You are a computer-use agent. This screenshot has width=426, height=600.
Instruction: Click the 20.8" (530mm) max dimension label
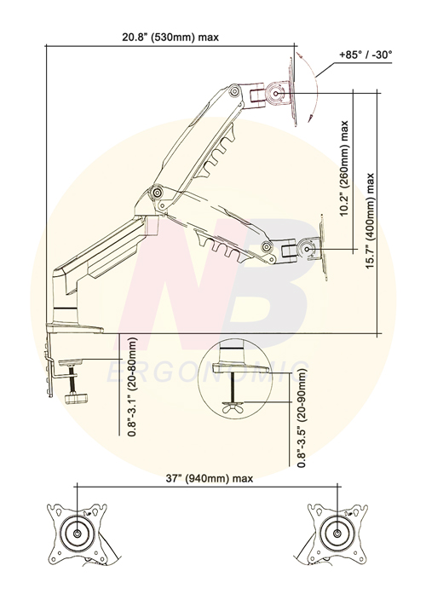pyautogui.click(x=170, y=37)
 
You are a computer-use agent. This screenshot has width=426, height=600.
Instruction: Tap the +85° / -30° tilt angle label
pyautogui.click(x=366, y=55)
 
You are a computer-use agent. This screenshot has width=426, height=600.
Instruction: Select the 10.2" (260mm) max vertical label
pyautogui.click(x=344, y=169)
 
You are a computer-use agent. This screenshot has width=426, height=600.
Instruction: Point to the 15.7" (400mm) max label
pyautogui.click(x=370, y=221)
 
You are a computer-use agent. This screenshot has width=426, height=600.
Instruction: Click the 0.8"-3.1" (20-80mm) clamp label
pyautogui.click(x=132, y=386)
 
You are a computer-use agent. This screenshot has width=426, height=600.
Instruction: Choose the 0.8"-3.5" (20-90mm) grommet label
pyautogui.click(x=302, y=418)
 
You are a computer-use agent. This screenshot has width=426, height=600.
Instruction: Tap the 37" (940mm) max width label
pyautogui.click(x=210, y=478)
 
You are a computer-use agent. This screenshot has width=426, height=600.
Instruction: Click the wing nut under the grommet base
pyautogui.click(x=233, y=407)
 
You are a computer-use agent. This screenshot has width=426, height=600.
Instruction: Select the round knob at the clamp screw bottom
pyautogui.click(x=77, y=398)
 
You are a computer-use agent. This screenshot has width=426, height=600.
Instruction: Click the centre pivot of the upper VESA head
pyautogui.click(x=276, y=93)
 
